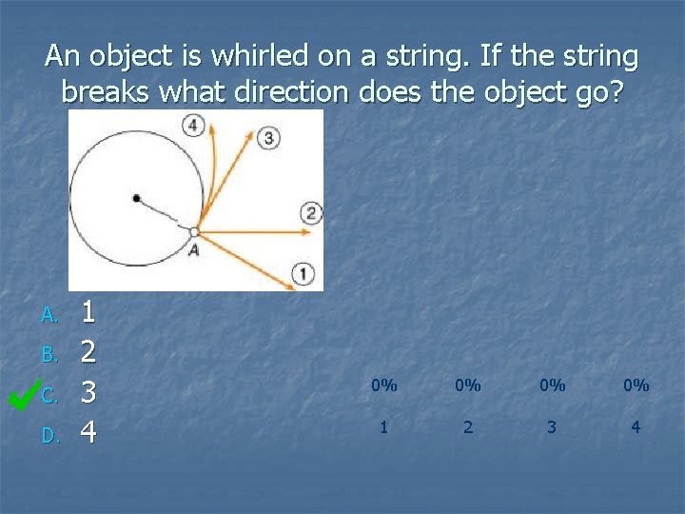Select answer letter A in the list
point(50,314)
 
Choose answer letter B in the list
point(50,355)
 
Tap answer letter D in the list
point(50,436)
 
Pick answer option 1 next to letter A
point(88,310)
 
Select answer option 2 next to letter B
point(88,351)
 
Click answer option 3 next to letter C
point(88,392)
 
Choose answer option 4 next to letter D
point(88,433)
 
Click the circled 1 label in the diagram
point(303,274)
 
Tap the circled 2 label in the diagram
point(310,212)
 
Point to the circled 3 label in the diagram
point(269,139)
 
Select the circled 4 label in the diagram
point(194,125)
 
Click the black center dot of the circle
point(137,198)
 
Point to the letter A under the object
point(193,250)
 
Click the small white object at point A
point(194,231)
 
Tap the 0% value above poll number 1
point(383,385)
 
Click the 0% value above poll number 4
point(636,385)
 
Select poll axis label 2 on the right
point(467,427)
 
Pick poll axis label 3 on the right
point(551,427)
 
